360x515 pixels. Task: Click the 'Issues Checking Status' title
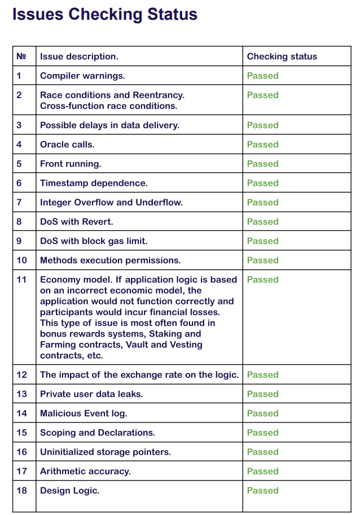[105, 14]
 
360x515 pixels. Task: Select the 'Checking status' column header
[282, 56]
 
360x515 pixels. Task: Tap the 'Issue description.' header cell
[79, 56]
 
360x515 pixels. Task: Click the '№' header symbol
[21, 56]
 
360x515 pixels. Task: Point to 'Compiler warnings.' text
[82, 76]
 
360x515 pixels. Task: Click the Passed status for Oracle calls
[263, 145]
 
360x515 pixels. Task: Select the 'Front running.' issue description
[71, 164]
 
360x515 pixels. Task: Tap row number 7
[19, 202]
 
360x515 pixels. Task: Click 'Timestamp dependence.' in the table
[94, 183]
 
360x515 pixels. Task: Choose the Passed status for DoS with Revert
[263, 221]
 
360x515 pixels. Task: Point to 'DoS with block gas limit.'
[94, 241]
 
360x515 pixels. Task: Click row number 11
[21, 280]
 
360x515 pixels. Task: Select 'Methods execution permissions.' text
[111, 260]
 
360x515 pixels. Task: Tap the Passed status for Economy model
[263, 280]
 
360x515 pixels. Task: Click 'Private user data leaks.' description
[91, 394]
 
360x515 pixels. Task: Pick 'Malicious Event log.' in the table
[84, 413]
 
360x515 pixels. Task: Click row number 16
[21, 452]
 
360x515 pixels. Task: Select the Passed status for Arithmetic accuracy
[263, 471]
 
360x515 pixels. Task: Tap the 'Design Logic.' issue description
[70, 490]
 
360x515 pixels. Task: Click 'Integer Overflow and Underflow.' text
[111, 202]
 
